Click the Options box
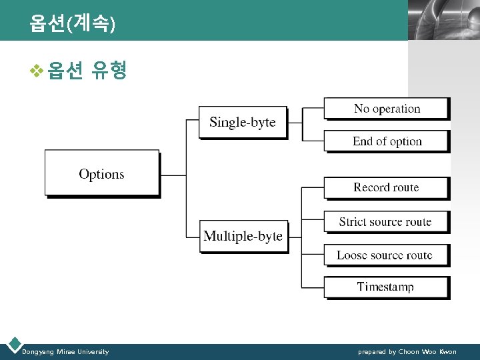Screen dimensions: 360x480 tap(101, 173)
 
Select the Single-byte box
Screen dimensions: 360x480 tap(243, 121)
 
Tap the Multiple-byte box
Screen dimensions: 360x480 tap(243, 236)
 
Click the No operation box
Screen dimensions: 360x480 tap(387, 109)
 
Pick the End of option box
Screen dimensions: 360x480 tap(387, 141)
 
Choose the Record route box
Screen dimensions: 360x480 tap(387, 187)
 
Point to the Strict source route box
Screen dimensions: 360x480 tap(385, 222)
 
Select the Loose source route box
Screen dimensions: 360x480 tap(385, 255)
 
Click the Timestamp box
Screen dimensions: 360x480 tap(385, 287)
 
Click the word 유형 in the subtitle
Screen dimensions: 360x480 tap(109, 70)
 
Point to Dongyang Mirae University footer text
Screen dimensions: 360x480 tap(65, 351)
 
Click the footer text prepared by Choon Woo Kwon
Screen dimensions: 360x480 tap(407, 351)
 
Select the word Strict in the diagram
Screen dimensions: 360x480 tap(352, 222)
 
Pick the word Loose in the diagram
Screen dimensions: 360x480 tap(352, 255)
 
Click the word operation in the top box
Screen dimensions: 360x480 tap(397, 109)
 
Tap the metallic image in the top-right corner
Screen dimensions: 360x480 tap(443, 20)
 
